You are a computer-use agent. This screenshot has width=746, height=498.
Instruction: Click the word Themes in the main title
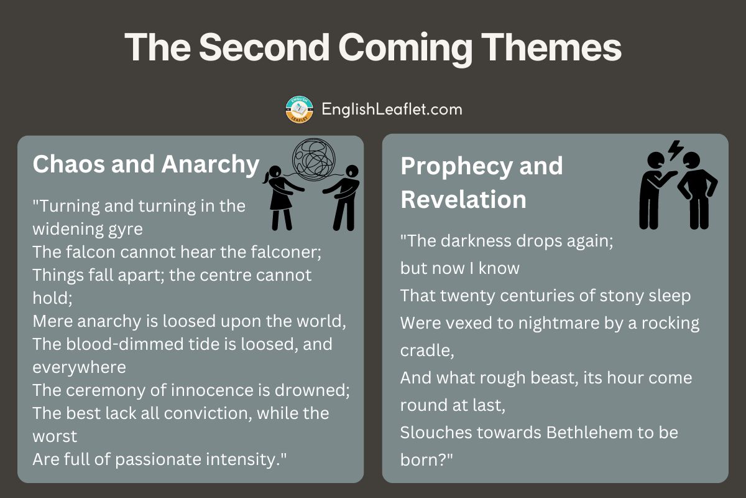pyautogui.click(x=551, y=47)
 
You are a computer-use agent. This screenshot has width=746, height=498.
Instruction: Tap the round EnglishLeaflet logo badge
pyautogui.click(x=299, y=109)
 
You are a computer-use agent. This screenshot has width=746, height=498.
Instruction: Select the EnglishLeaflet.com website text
pyautogui.click(x=392, y=110)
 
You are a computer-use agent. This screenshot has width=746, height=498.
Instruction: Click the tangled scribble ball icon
pyautogui.click(x=313, y=160)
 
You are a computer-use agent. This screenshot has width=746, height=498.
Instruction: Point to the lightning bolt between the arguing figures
pyautogui.click(x=675, y=150)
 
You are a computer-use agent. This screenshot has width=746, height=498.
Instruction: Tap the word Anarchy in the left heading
pyautogui.click(x=210, y=165)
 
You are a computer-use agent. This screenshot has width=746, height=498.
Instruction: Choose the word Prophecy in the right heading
pyautogui.click(x=456, y=167)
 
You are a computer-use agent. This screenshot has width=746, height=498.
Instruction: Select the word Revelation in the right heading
pyautogui.click(x=463, y=199)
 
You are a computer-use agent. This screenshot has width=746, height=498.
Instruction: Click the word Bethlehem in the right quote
pyautogui.click(x=589, y=433)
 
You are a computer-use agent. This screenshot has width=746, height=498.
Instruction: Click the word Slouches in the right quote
pyautogui.click(x=436, y=433)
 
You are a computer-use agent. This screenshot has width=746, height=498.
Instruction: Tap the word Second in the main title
pyautogui.click(x=264, y=47)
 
